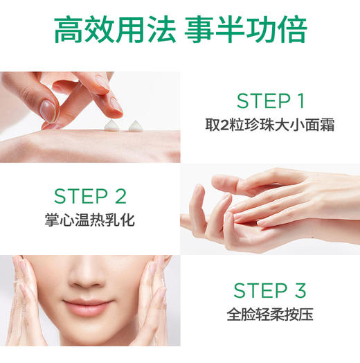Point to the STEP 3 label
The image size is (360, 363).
(x=269, y=290)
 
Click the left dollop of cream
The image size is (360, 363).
(x=110, y=124)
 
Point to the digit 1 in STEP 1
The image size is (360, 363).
(x=299, y=101)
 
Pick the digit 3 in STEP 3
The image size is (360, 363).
(x=300, y=290)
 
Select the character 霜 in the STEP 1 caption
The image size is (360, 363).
(x=320, y=127)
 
